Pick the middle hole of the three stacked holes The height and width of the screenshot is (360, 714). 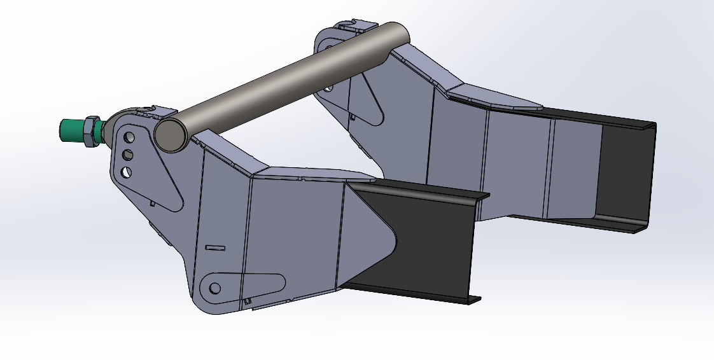[x=127, y=155]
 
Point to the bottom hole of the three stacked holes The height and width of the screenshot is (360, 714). [x=126, y=172]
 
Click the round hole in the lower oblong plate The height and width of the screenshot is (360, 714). [x=215, y=289]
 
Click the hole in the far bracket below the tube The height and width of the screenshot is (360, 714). [x=328, y=87]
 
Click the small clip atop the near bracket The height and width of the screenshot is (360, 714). [x=159, y=112]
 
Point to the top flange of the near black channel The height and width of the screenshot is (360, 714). [x=420, y=188]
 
